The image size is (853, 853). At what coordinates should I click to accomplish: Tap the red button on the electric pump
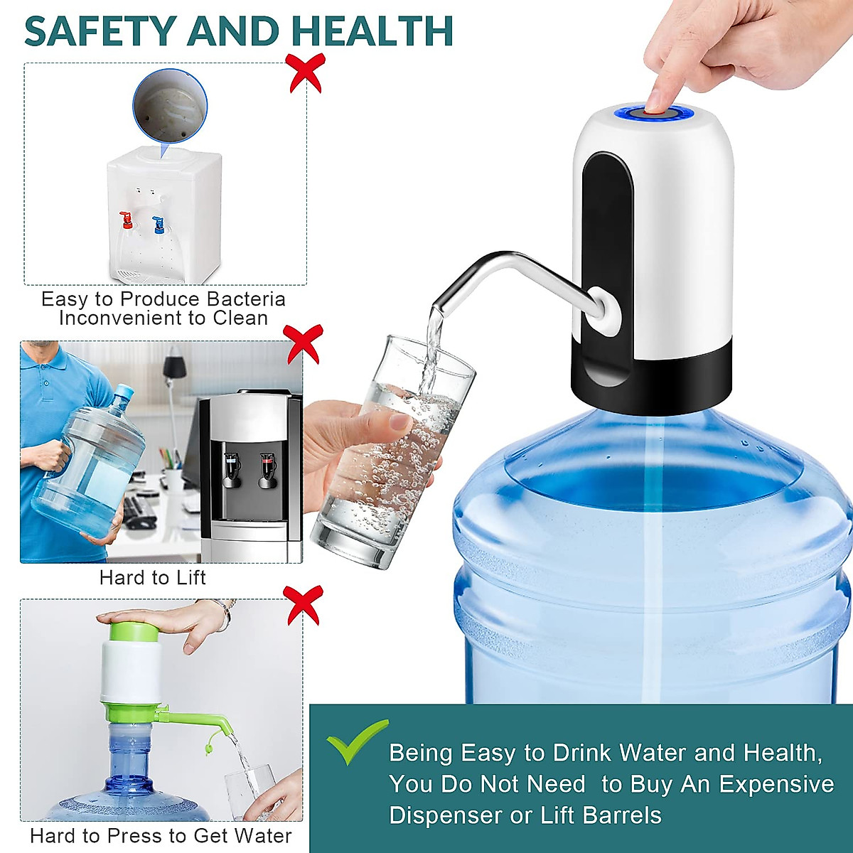point(655,112)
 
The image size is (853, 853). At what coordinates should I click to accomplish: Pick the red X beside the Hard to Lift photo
point(302,344)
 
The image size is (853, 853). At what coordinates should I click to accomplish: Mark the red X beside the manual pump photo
point(302,605)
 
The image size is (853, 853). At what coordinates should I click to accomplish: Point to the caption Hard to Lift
point(152,577)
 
